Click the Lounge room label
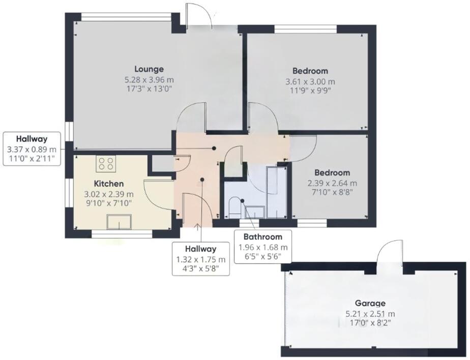coord(149,69)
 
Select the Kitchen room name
coord(109,183)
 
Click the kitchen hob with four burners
coord(106,164)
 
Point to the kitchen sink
coord(119,222)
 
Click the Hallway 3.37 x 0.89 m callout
coord(32,148)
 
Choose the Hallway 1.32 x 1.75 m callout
coord(200,258)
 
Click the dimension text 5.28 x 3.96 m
coord(149,80)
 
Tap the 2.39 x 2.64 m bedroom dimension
coord(332,183)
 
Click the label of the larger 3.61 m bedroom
coord(310,71)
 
